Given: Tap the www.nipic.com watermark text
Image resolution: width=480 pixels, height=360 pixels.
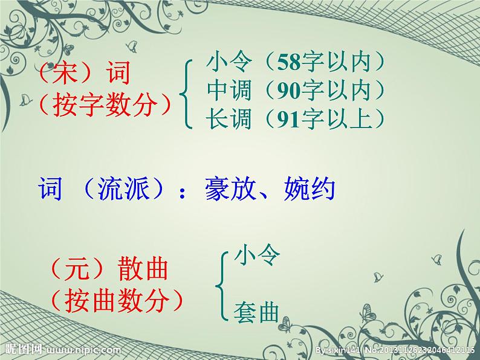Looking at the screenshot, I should (x=83, y=350).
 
